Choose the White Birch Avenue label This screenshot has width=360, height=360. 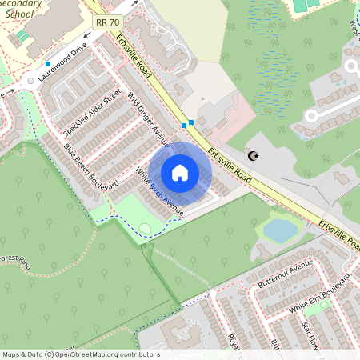tap(160, 192)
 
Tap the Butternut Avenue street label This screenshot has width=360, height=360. tap(286, 274)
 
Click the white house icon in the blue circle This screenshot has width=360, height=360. tap(180, 172)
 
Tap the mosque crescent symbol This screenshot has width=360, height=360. tap(255, 156)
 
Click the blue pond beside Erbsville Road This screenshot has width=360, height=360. tap(280, 230)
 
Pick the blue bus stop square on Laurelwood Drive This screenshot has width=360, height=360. tap(48, 63)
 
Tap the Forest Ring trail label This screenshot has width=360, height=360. tap(15, 261)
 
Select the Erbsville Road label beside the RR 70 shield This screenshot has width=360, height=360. tap(133, 48)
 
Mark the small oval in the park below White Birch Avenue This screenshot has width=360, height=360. tap(144, 230)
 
